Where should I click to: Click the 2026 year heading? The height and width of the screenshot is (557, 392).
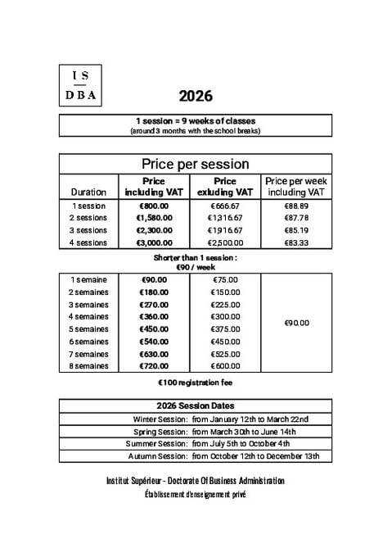click(196, 96)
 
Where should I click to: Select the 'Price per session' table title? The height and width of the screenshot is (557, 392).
click(196, 164)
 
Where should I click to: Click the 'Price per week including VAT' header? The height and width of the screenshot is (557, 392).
click(295, 186)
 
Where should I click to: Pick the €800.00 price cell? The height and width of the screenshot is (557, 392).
click(154, 206)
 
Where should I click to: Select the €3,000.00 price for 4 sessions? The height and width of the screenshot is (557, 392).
click(154, 242)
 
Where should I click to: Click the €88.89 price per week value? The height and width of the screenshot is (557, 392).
click(295, 206)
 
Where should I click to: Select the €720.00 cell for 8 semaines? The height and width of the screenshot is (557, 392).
click(154, 365)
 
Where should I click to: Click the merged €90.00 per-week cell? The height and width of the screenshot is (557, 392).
click(295, 323)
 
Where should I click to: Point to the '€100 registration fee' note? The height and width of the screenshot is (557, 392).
click(196, 383)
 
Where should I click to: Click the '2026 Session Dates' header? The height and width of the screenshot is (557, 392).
click(196, 405)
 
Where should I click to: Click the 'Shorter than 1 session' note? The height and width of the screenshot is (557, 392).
click(196, 261)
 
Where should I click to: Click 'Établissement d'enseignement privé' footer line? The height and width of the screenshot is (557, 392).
click(196, 494)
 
